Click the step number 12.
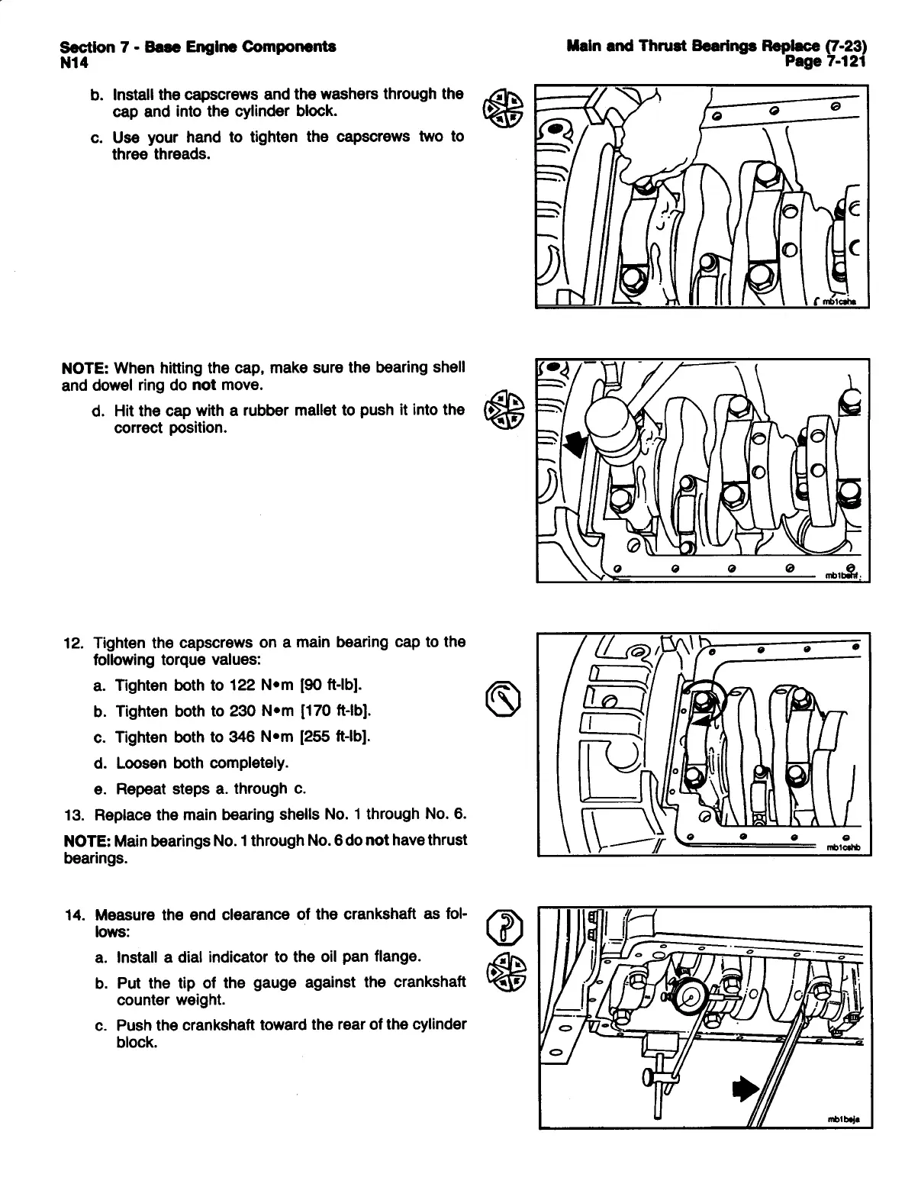[74, 642]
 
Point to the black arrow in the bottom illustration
[744, 1089]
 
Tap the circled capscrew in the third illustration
[701, 698]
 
